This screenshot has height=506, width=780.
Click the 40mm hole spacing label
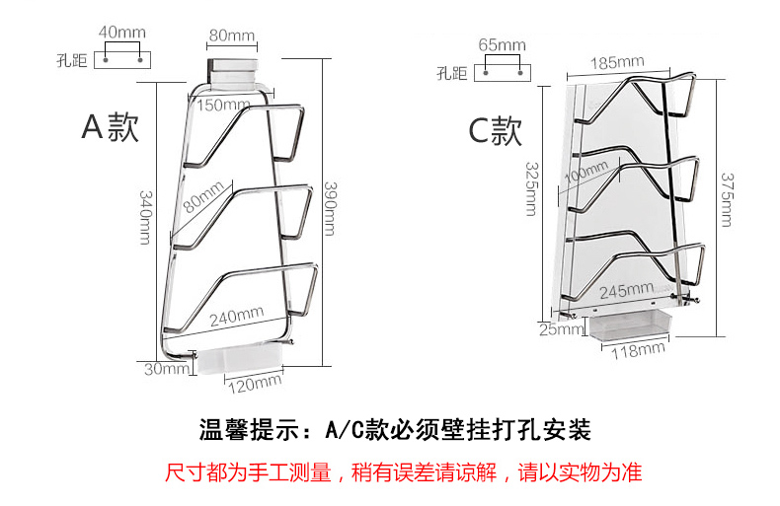pyautogui.click(x=123, y=33)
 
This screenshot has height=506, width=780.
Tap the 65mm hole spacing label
pyautogui.click(x=502, y=45)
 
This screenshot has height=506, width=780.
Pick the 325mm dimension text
pyautogui.click(x=532, y=187)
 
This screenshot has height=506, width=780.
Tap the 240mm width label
pyautogui.click(x=235, y=318)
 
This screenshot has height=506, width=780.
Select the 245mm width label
pyautogui.click(x=627, y=291)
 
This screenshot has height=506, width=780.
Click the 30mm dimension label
pyautogui.click(x=165, y=369)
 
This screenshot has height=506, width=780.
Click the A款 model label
pyautogui.click(x=110, y=127)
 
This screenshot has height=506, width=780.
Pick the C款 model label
pyautogui.click(x=495, y=131)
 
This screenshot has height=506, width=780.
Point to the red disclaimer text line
pyautogui.click(x=403, y=472)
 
